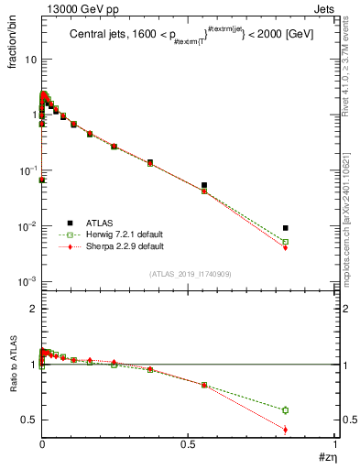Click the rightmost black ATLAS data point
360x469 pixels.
pos(286,228)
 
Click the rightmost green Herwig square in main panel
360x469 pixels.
pos(286,242)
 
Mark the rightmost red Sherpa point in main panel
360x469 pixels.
pos(286,247)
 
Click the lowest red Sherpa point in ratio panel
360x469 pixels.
pos(286,430)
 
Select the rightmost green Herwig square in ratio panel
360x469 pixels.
pos(286,410)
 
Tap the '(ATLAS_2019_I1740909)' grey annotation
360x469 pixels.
pos(190,274)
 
